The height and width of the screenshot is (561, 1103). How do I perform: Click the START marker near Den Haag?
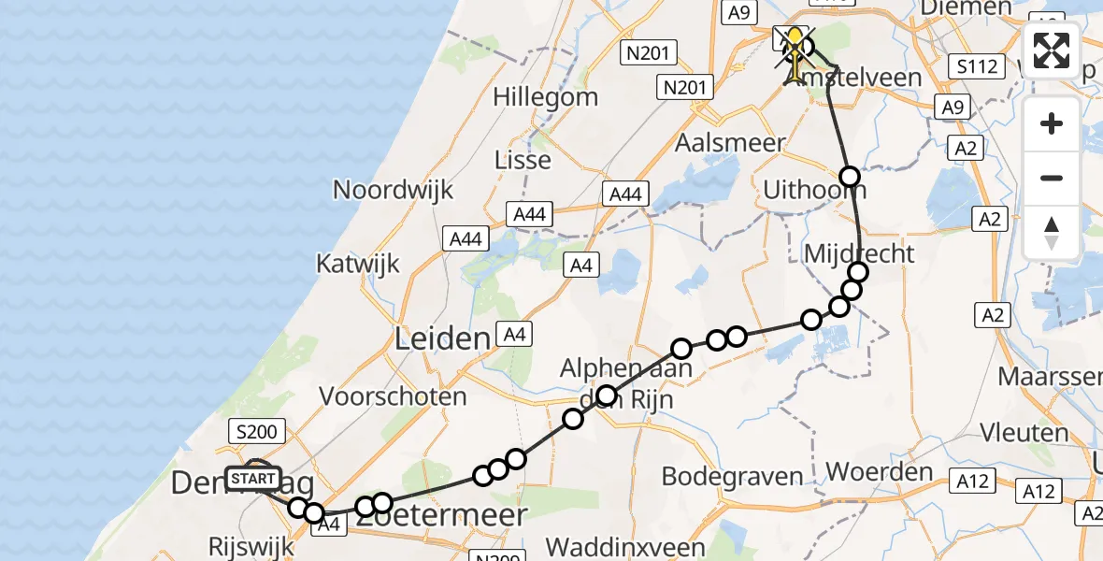pos(253,479)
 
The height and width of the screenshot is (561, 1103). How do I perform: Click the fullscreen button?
pos(1052,51)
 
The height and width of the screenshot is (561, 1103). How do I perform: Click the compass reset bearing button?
pos(1052,233)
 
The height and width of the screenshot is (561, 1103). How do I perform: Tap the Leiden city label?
pos(443,338)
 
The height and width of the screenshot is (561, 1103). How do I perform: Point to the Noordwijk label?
pos(393,190)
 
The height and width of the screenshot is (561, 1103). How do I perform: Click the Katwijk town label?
pos(358,263)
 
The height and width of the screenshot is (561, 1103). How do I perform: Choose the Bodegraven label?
pos(732,476)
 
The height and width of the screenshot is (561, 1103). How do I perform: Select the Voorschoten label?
pos(393,396)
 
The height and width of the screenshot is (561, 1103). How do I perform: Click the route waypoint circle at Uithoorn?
pos(849,176)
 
